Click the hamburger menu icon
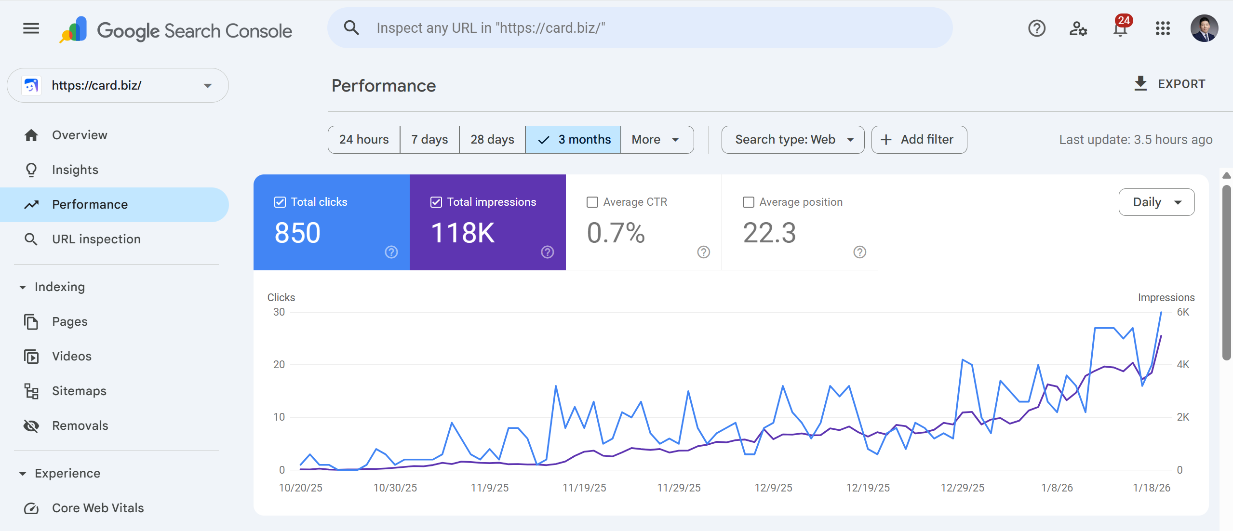point(31,28)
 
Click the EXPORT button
point(1170,84)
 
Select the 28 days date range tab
point(492,140)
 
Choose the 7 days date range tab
point(429,140)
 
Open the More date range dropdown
point(656,140)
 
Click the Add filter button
point(919,140)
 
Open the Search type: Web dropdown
point(792,140)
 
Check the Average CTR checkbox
point(592,202)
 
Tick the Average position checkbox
point(749,202)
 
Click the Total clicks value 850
point(297,233)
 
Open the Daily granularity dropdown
point(1156,202)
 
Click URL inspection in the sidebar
point(96,239)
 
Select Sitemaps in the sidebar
point(79,391)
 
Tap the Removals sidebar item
point(80,426)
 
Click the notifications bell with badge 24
point(1121,29)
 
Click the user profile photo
point(1204,28)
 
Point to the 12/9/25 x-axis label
point(773,488)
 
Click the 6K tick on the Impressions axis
point(1183,312)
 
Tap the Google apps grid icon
point(1163,28)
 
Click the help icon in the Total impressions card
point(547,252)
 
